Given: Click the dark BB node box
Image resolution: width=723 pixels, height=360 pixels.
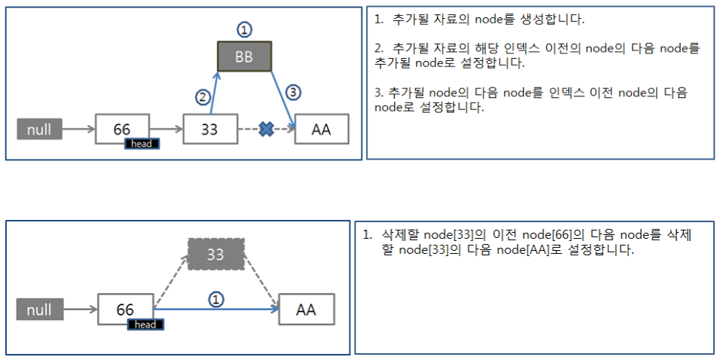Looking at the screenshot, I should tap(244, 57).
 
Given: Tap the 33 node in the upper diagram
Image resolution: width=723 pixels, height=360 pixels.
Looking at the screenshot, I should tap(210, 129).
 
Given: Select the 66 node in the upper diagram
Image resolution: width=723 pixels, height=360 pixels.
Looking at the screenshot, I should tap(122, 127).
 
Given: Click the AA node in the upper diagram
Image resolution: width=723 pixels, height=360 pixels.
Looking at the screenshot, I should tap(322, 129).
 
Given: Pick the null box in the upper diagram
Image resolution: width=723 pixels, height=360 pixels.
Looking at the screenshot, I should tap(39, 129).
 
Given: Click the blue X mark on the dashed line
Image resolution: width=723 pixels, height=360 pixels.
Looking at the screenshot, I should tap(266, 129).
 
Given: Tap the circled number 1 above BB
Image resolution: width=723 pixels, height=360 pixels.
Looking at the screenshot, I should tap(243, 30).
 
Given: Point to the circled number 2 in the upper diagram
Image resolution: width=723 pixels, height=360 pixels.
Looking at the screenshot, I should tap(202, 96).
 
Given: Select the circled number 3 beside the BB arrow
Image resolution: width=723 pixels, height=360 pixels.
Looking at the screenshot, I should tap(294, 93).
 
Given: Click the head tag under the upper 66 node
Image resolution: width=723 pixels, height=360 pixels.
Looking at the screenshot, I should tap(142, 143).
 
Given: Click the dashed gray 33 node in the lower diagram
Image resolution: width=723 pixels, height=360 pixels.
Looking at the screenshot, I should tap(215, 255).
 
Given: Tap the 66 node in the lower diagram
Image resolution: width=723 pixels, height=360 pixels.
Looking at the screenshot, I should tap(125, 309).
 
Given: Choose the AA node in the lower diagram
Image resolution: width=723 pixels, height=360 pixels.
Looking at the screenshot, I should tap(306, 309).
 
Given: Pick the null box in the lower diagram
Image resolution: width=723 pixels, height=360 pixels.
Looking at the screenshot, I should tap(39, 309).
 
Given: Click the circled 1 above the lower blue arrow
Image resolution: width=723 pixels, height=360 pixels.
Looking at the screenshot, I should tap(215, 299).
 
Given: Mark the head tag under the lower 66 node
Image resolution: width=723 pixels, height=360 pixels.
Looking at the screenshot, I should tap(145, 325).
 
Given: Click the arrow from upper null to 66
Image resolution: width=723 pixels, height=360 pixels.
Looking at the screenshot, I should tap(78, 130).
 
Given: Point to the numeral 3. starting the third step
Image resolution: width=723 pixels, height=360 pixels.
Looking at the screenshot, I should tap(378, 92).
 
